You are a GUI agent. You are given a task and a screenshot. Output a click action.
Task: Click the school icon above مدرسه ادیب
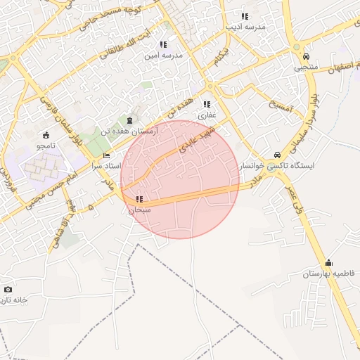[x=245, y=15]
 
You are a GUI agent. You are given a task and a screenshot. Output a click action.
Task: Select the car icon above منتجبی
[x=305, y=57]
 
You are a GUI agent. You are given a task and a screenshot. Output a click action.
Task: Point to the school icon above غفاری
[x=207, y=104]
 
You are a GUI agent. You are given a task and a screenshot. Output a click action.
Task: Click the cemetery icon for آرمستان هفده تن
[x=129, y=121]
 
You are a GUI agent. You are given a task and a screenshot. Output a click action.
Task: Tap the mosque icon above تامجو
[x=46, y=135]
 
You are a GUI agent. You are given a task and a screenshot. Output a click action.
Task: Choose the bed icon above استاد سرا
[x=106, y=155]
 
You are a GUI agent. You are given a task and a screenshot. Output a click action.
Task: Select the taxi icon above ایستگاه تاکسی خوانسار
[x=278, y=155]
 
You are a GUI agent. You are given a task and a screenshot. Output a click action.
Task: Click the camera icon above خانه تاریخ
[x=8, y=289]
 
